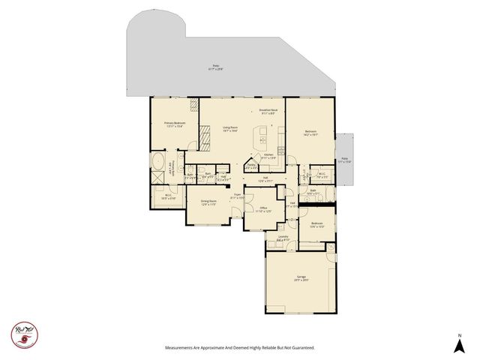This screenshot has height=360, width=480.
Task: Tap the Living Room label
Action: (230, 130)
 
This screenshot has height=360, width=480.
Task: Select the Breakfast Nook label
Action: (269, 112)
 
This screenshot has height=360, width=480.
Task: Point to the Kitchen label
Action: (268, 156)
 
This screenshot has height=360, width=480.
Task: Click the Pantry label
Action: (250, 167)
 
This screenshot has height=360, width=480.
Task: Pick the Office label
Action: (263, 209)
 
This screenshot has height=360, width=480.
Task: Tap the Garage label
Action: (301, 278)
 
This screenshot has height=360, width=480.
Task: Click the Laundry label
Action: (283, 238)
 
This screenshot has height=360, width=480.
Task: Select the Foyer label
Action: (236, 196)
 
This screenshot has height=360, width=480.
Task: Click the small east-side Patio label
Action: (345, 160)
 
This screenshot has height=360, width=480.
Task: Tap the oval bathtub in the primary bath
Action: (159, 163)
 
